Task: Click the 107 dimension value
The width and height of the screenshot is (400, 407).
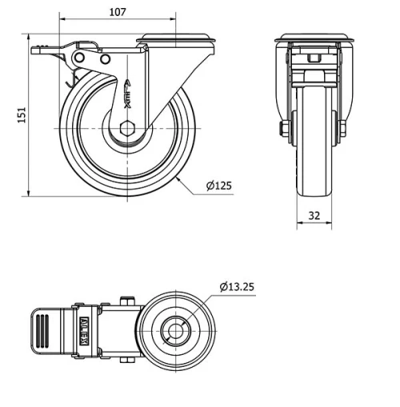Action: point(118,12)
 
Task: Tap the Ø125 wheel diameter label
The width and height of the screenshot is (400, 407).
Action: point(218,185)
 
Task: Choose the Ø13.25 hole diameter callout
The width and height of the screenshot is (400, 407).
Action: point(237,287)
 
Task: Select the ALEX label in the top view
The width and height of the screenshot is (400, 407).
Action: point(85,328)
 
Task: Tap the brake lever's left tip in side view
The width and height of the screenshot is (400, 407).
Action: point(34,50)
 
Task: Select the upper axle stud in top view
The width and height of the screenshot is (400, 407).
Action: point(125,300)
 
